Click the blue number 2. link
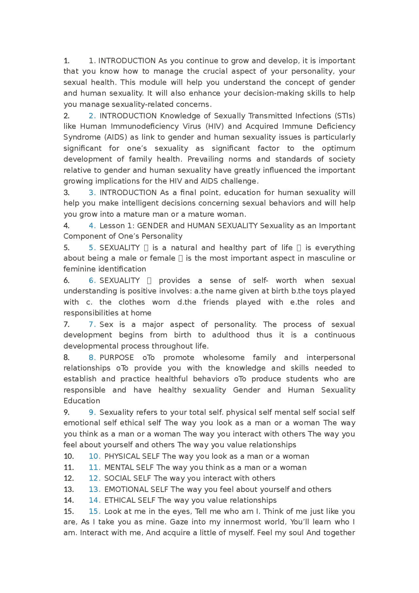coord(92,116)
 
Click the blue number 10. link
coord(94,456)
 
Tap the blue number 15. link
coord(94,511)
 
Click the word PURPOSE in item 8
coord(117,357)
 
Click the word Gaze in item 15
coord(179,522)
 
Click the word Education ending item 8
coord(82,401)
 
